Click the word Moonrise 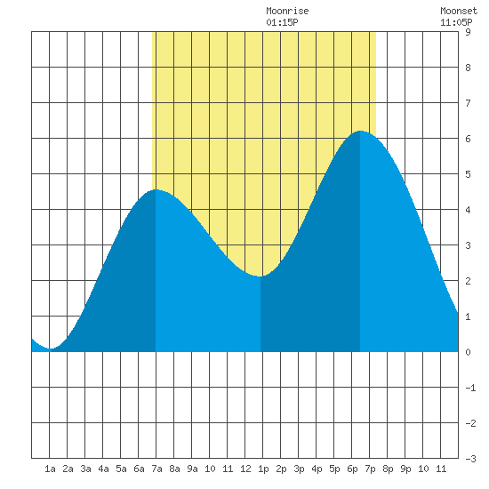coord(287,11)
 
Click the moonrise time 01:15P coord(282,22)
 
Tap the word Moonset coord(459,11)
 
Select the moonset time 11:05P coord(456,22)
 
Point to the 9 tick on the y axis coord(468,32)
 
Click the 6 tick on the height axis coord(468,139)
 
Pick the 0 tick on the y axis coord(468,352)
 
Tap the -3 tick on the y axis coord(470,459)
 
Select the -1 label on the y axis coord(470,388)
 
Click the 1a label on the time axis coord(50,469)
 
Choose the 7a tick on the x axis coord(156,469)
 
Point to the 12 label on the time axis coord(245,469)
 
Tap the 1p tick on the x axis coord(263,469)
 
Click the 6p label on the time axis coord(352,469)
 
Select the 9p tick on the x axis coord(405,469)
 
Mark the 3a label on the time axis coord(85,469)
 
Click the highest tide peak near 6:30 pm coord(360,131)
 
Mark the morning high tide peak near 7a coord(156,189)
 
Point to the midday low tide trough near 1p coord(261,277)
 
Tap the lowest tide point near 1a coord(51,349)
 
